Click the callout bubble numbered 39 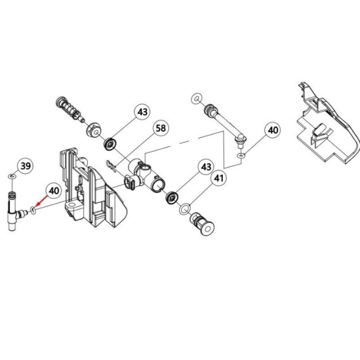point(25,166)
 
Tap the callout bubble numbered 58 point(161,128)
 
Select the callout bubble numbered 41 point(218,178)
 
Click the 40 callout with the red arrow point(54,190)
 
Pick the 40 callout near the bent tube point(273,130)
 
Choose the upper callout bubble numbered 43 point(142,112)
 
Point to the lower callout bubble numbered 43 point(206,167)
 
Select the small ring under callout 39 point(12,176)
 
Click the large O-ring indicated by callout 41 point(185,209)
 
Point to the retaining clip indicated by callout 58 point(111,166)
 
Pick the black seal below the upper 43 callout point(110,144)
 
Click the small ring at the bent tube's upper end point(197,99)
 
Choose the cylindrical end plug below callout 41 point(202,224)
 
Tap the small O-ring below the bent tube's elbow point(241,156)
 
